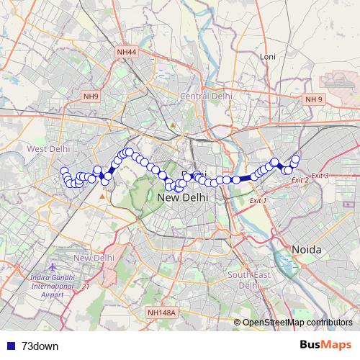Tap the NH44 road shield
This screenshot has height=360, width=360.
click(125, 52)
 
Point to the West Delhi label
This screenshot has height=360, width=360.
click(48, 148)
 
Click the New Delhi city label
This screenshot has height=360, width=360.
click(182, 196)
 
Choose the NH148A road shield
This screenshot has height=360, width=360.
click(161, 312)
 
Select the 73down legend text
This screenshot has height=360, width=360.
click(40, 346)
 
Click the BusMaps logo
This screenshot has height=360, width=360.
click(326, 345)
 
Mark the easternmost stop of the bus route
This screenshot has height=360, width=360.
click(295, 158)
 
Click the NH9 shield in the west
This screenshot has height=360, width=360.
click(91, 96)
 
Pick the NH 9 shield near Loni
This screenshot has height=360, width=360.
click(314, 99)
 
